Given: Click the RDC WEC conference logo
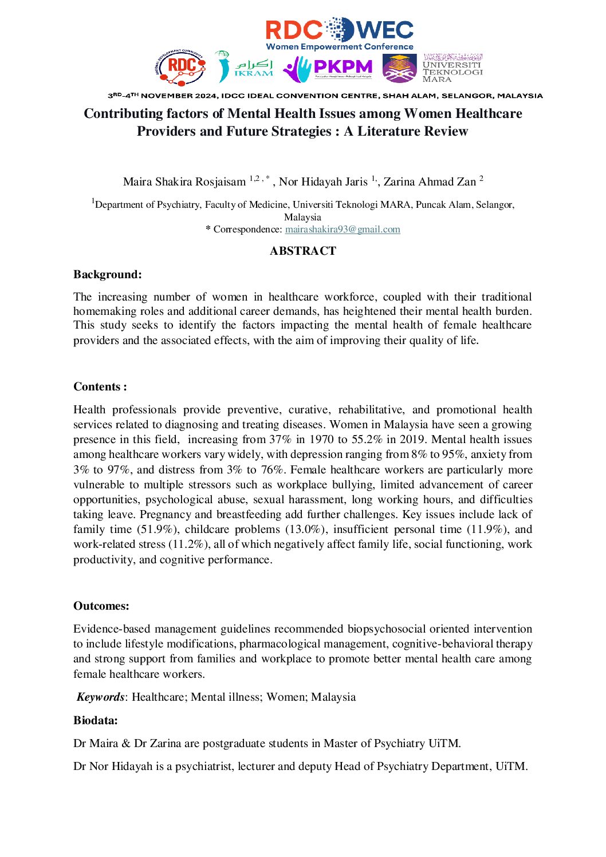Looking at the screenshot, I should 339,33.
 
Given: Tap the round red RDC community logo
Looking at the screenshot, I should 180,66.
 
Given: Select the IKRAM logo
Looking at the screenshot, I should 245,68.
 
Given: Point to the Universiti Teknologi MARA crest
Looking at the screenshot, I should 399,68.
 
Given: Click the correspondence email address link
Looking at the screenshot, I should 343,230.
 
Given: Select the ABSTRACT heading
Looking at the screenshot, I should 303,251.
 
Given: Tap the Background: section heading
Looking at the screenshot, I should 108,274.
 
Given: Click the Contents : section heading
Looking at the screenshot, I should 100,386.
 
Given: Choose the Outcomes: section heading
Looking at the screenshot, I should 101,606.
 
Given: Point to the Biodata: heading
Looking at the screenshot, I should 96,720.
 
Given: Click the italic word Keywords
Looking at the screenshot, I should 101,697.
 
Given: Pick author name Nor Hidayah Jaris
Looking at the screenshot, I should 323,182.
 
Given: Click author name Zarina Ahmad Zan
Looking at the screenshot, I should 430,182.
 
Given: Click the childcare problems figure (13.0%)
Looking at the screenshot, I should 305,530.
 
